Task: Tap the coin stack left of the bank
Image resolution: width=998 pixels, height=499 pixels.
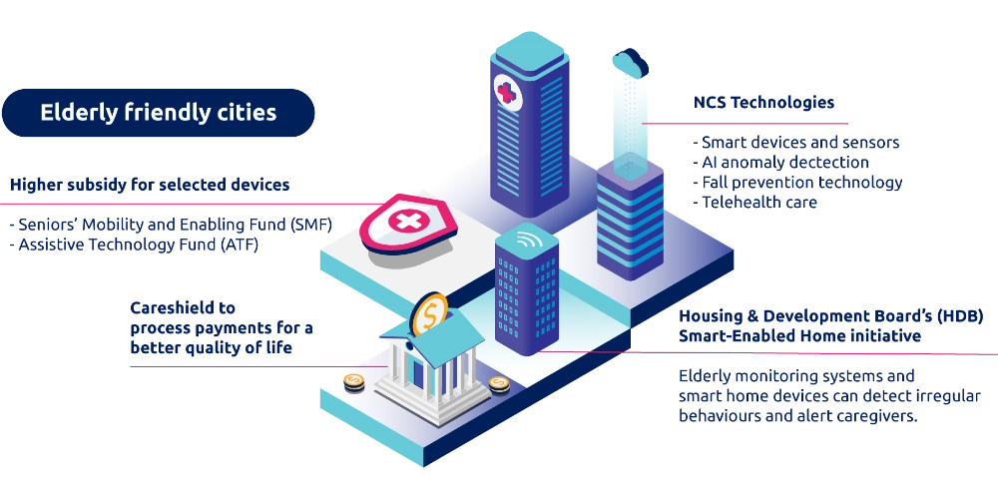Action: click(x=353, y=382)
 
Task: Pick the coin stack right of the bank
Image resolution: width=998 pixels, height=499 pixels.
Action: click(x=499, y=384)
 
